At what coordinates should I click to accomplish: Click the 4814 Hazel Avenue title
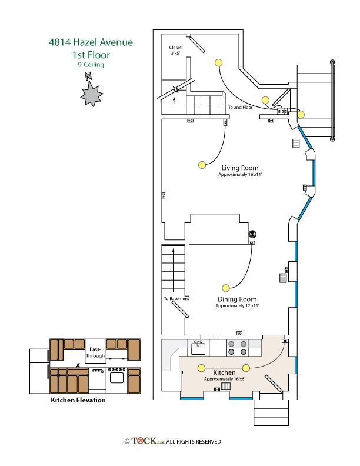coord(91,42)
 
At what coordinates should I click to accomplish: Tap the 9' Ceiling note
coord(91,65)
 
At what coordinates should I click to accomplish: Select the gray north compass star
coord(92,94)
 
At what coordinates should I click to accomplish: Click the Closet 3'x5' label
coord(175,50)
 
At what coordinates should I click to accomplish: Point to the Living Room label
coord(240,168)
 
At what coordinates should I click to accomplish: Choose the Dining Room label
coord(237,299)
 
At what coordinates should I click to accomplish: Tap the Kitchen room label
coord(224,372)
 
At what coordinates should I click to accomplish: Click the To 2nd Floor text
coord(241,107)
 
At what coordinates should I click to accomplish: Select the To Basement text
coord(176,299)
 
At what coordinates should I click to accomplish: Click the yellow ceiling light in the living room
coord(202,165)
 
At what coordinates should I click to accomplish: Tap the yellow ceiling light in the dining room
coord(226,288)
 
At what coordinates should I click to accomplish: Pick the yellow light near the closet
coord(218,63)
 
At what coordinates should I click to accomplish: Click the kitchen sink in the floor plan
coord(198,348)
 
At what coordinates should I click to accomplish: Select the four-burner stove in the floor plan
coord(237,348)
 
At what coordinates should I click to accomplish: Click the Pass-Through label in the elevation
coord(95,352)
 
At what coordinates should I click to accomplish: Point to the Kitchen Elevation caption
coord(78,400)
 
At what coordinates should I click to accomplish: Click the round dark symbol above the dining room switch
coord(252,234)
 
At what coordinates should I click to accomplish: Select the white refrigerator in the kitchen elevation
coord(39,371)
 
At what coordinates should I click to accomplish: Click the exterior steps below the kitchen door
coord(271,412)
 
